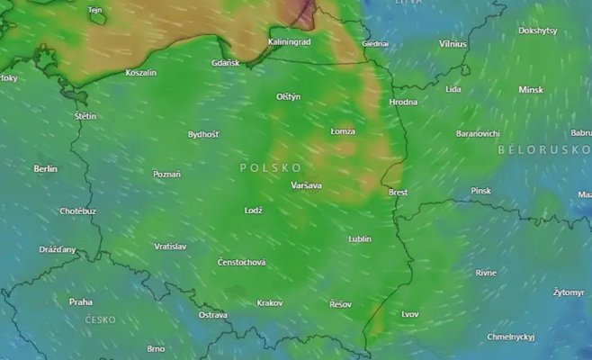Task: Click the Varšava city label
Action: click(306, 186)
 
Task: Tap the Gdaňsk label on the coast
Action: click(225, 63)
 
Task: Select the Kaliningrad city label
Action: click(289, 41)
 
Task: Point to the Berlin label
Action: click(45, 168)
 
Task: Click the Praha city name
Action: click(81, 301)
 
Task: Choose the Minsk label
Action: click(531, 90)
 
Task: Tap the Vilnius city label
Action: click(453, 43)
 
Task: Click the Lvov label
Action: click(410, 314)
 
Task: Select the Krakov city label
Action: click(270, 303)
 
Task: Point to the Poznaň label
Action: click(166, 174)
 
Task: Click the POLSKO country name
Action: click(271, 168)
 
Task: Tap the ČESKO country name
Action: click(100, 319)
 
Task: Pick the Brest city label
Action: click(398, 192)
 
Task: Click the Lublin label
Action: click(360, 239)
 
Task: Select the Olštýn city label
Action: click(288, 96)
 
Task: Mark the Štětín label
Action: click(85, 116)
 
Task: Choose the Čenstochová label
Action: click(242, 262)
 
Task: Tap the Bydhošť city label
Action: click(202, 134)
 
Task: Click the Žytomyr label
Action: click(569, 292)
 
